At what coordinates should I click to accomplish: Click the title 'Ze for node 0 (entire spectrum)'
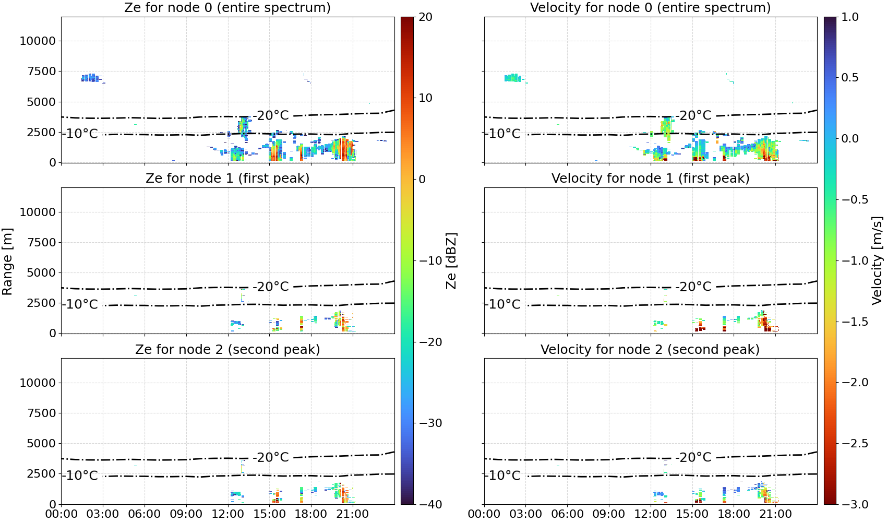(227, 7)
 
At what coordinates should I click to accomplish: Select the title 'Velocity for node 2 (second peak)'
(650, 349)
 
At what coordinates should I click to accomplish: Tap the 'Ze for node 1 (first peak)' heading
(227, 178)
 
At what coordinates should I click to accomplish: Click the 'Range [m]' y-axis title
(7, 261)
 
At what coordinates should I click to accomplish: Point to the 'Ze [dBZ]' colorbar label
(451, 260)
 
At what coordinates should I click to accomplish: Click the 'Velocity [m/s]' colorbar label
(878, 260)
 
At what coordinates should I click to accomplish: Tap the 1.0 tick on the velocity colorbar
(850, 17)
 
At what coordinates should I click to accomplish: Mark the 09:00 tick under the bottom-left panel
(186, 514)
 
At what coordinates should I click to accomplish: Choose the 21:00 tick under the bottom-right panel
(775, 514)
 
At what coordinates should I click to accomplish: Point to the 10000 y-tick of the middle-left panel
(39, 212)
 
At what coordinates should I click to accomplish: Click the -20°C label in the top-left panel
(272, 116)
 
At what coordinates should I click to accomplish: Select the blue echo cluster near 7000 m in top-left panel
(91, 78)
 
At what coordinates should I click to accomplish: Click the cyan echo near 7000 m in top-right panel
(513, 78)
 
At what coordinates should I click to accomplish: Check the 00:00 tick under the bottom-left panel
(62, 514)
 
